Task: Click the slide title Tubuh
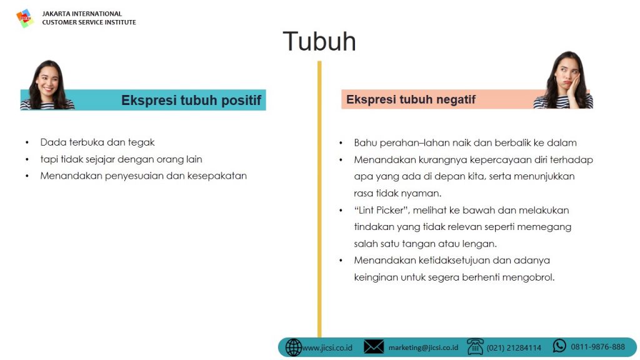319,41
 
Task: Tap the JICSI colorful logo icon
24,18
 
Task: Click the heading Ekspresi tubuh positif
191,100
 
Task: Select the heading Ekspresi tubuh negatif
411,99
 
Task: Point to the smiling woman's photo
47,85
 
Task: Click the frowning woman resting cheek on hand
564,80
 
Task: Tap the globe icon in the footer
293,347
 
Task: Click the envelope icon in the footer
374,347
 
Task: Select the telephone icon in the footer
475,347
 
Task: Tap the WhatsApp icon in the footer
559,346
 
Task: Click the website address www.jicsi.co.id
327,347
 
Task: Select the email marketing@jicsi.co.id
423,347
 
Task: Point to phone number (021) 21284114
514,347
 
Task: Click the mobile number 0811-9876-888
597,347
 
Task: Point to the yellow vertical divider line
319,199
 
